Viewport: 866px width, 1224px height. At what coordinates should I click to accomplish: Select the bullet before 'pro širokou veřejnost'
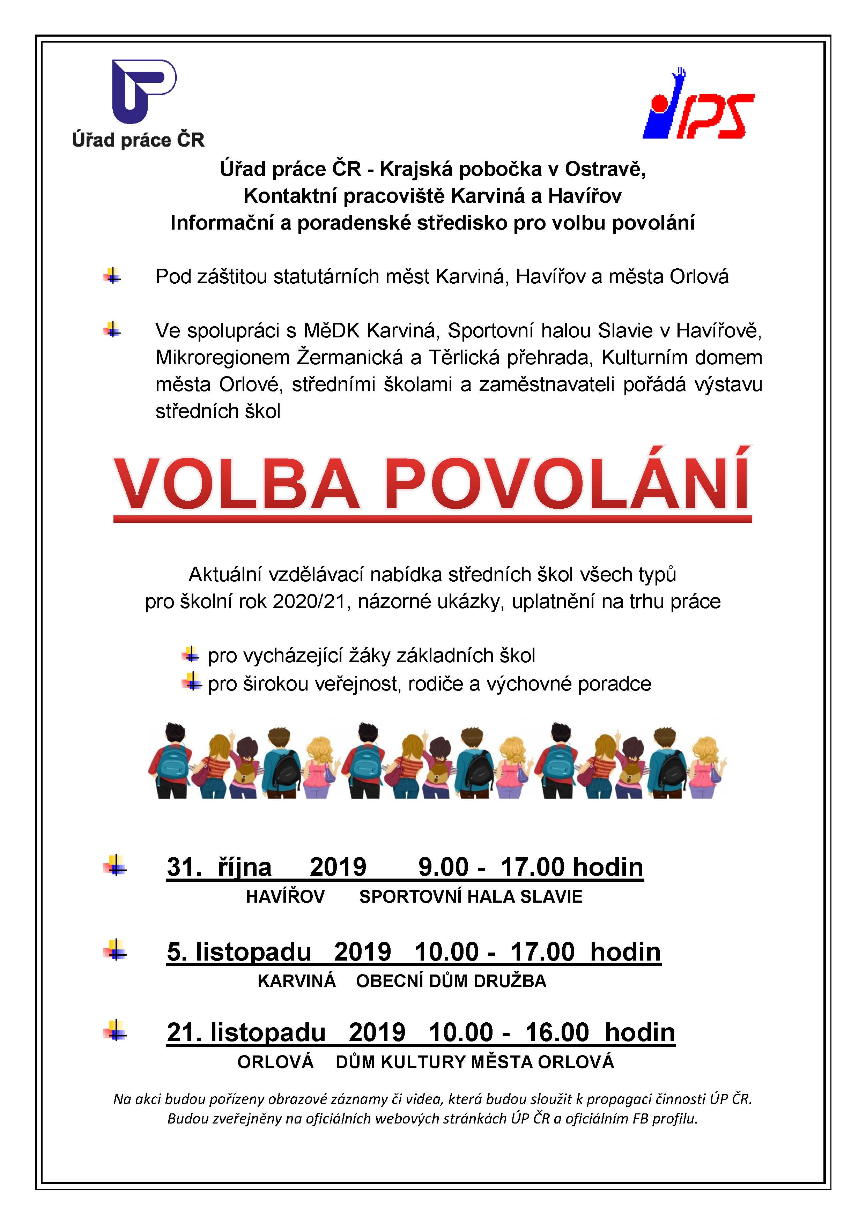[x=191, y=682]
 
